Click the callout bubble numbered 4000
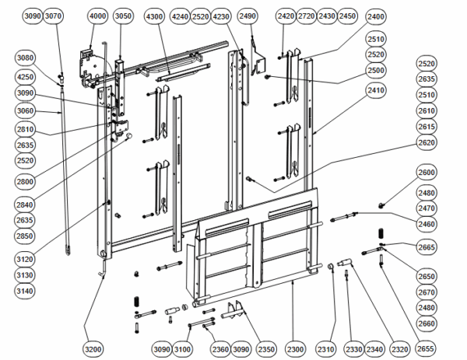click(x=97, y=16)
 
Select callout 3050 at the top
click(x=123, y=16)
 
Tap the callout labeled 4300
click(x=154, y=16)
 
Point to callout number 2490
click(x=248, y=16)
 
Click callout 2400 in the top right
click(x=376, y=16)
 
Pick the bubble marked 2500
click(x=376, y=71)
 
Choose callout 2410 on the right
click(x=376, y=90)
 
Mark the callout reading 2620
click(x=427, y=142)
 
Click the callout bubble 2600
click(x=427, y=173)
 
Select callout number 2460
click(x=427, y=224)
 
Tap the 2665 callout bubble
click(x=427, y=247)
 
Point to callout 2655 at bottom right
click(x=425, y=348)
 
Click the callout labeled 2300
click(x=295, y=349)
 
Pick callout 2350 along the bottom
click(x=266, y=349)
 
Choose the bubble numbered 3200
click(x=93, y=349)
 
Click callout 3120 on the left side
click(x=25, y=260)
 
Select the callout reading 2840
click(x=25, y=204)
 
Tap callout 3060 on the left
click(x=25, y=111)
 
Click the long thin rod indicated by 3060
click(x=65, y=170)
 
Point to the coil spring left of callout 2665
click(x=381, y=233)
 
